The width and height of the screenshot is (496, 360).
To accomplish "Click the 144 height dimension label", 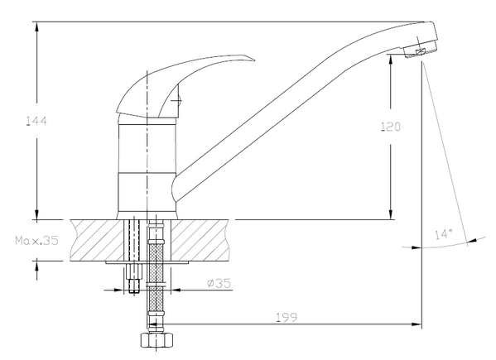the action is click(36, 121).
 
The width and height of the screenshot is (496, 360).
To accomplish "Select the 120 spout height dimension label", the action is click(390, 127).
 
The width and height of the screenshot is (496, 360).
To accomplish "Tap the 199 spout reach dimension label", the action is click(287, 317).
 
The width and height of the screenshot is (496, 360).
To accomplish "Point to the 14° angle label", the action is click(444, 234).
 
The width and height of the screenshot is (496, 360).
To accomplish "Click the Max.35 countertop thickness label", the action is click(37, 241).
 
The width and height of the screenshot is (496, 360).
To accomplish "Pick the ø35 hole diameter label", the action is click(219, 283).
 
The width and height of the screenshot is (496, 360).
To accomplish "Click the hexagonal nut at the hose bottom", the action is click(157, 340).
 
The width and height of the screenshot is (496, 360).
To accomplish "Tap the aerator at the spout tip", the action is click(421, 50).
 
